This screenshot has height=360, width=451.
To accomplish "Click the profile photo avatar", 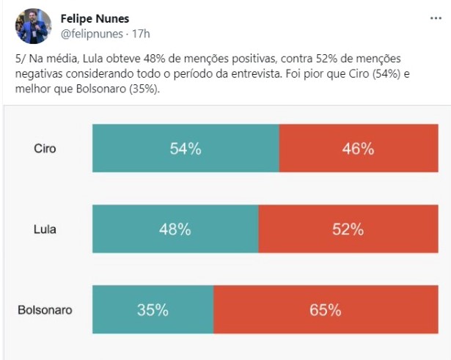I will pyautogui.click(x=33, y=26).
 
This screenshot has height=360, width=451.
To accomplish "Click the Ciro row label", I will pyautogui.click(x=45, y=149).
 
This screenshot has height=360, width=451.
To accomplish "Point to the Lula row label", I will pyautogui.click(x=45, y=229).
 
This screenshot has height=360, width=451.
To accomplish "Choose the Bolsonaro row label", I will pyautogui.click(x=45, y=309).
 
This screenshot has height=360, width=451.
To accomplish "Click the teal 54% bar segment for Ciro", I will pyautogui.click(x=186, y=149).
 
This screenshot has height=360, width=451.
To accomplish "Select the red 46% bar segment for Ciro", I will pyautogui.click(x=358, y=149).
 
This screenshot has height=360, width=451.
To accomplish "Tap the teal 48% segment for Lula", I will pyautogui.click(x=175, y=229).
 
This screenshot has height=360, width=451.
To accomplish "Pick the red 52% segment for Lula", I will pyautogui.click(x=348, y=229).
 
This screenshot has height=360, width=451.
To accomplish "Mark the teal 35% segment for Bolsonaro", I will pyautogui.click(x=153, y=309).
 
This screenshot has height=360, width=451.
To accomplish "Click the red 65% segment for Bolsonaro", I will pyautogui.click(x=325, y=309).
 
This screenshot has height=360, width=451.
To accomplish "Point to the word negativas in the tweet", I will pyautogui.click(x=38, y=73).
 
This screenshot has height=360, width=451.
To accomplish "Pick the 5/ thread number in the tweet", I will pyautogui.click(x=19, y=57).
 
